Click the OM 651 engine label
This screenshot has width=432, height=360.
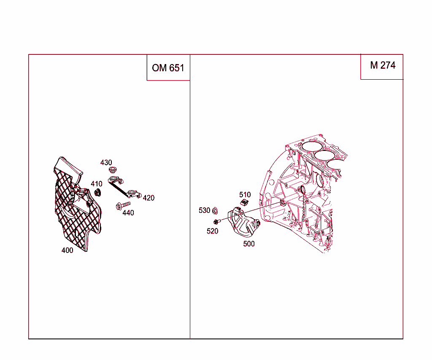168,68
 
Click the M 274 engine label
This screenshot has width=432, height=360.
383,65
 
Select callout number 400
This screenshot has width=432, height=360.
67,250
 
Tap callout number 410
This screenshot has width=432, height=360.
96,184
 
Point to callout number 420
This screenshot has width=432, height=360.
148,198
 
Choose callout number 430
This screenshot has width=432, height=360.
106,162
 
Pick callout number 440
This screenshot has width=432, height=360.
128,213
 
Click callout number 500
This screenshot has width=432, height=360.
249,244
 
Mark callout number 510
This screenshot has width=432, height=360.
245,195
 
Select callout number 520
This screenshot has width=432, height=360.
213,231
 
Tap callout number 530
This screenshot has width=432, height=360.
204,210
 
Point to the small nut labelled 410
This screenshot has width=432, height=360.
97,193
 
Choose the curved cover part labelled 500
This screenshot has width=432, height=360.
243,223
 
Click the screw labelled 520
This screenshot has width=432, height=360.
217,221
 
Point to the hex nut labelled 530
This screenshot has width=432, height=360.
215,210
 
